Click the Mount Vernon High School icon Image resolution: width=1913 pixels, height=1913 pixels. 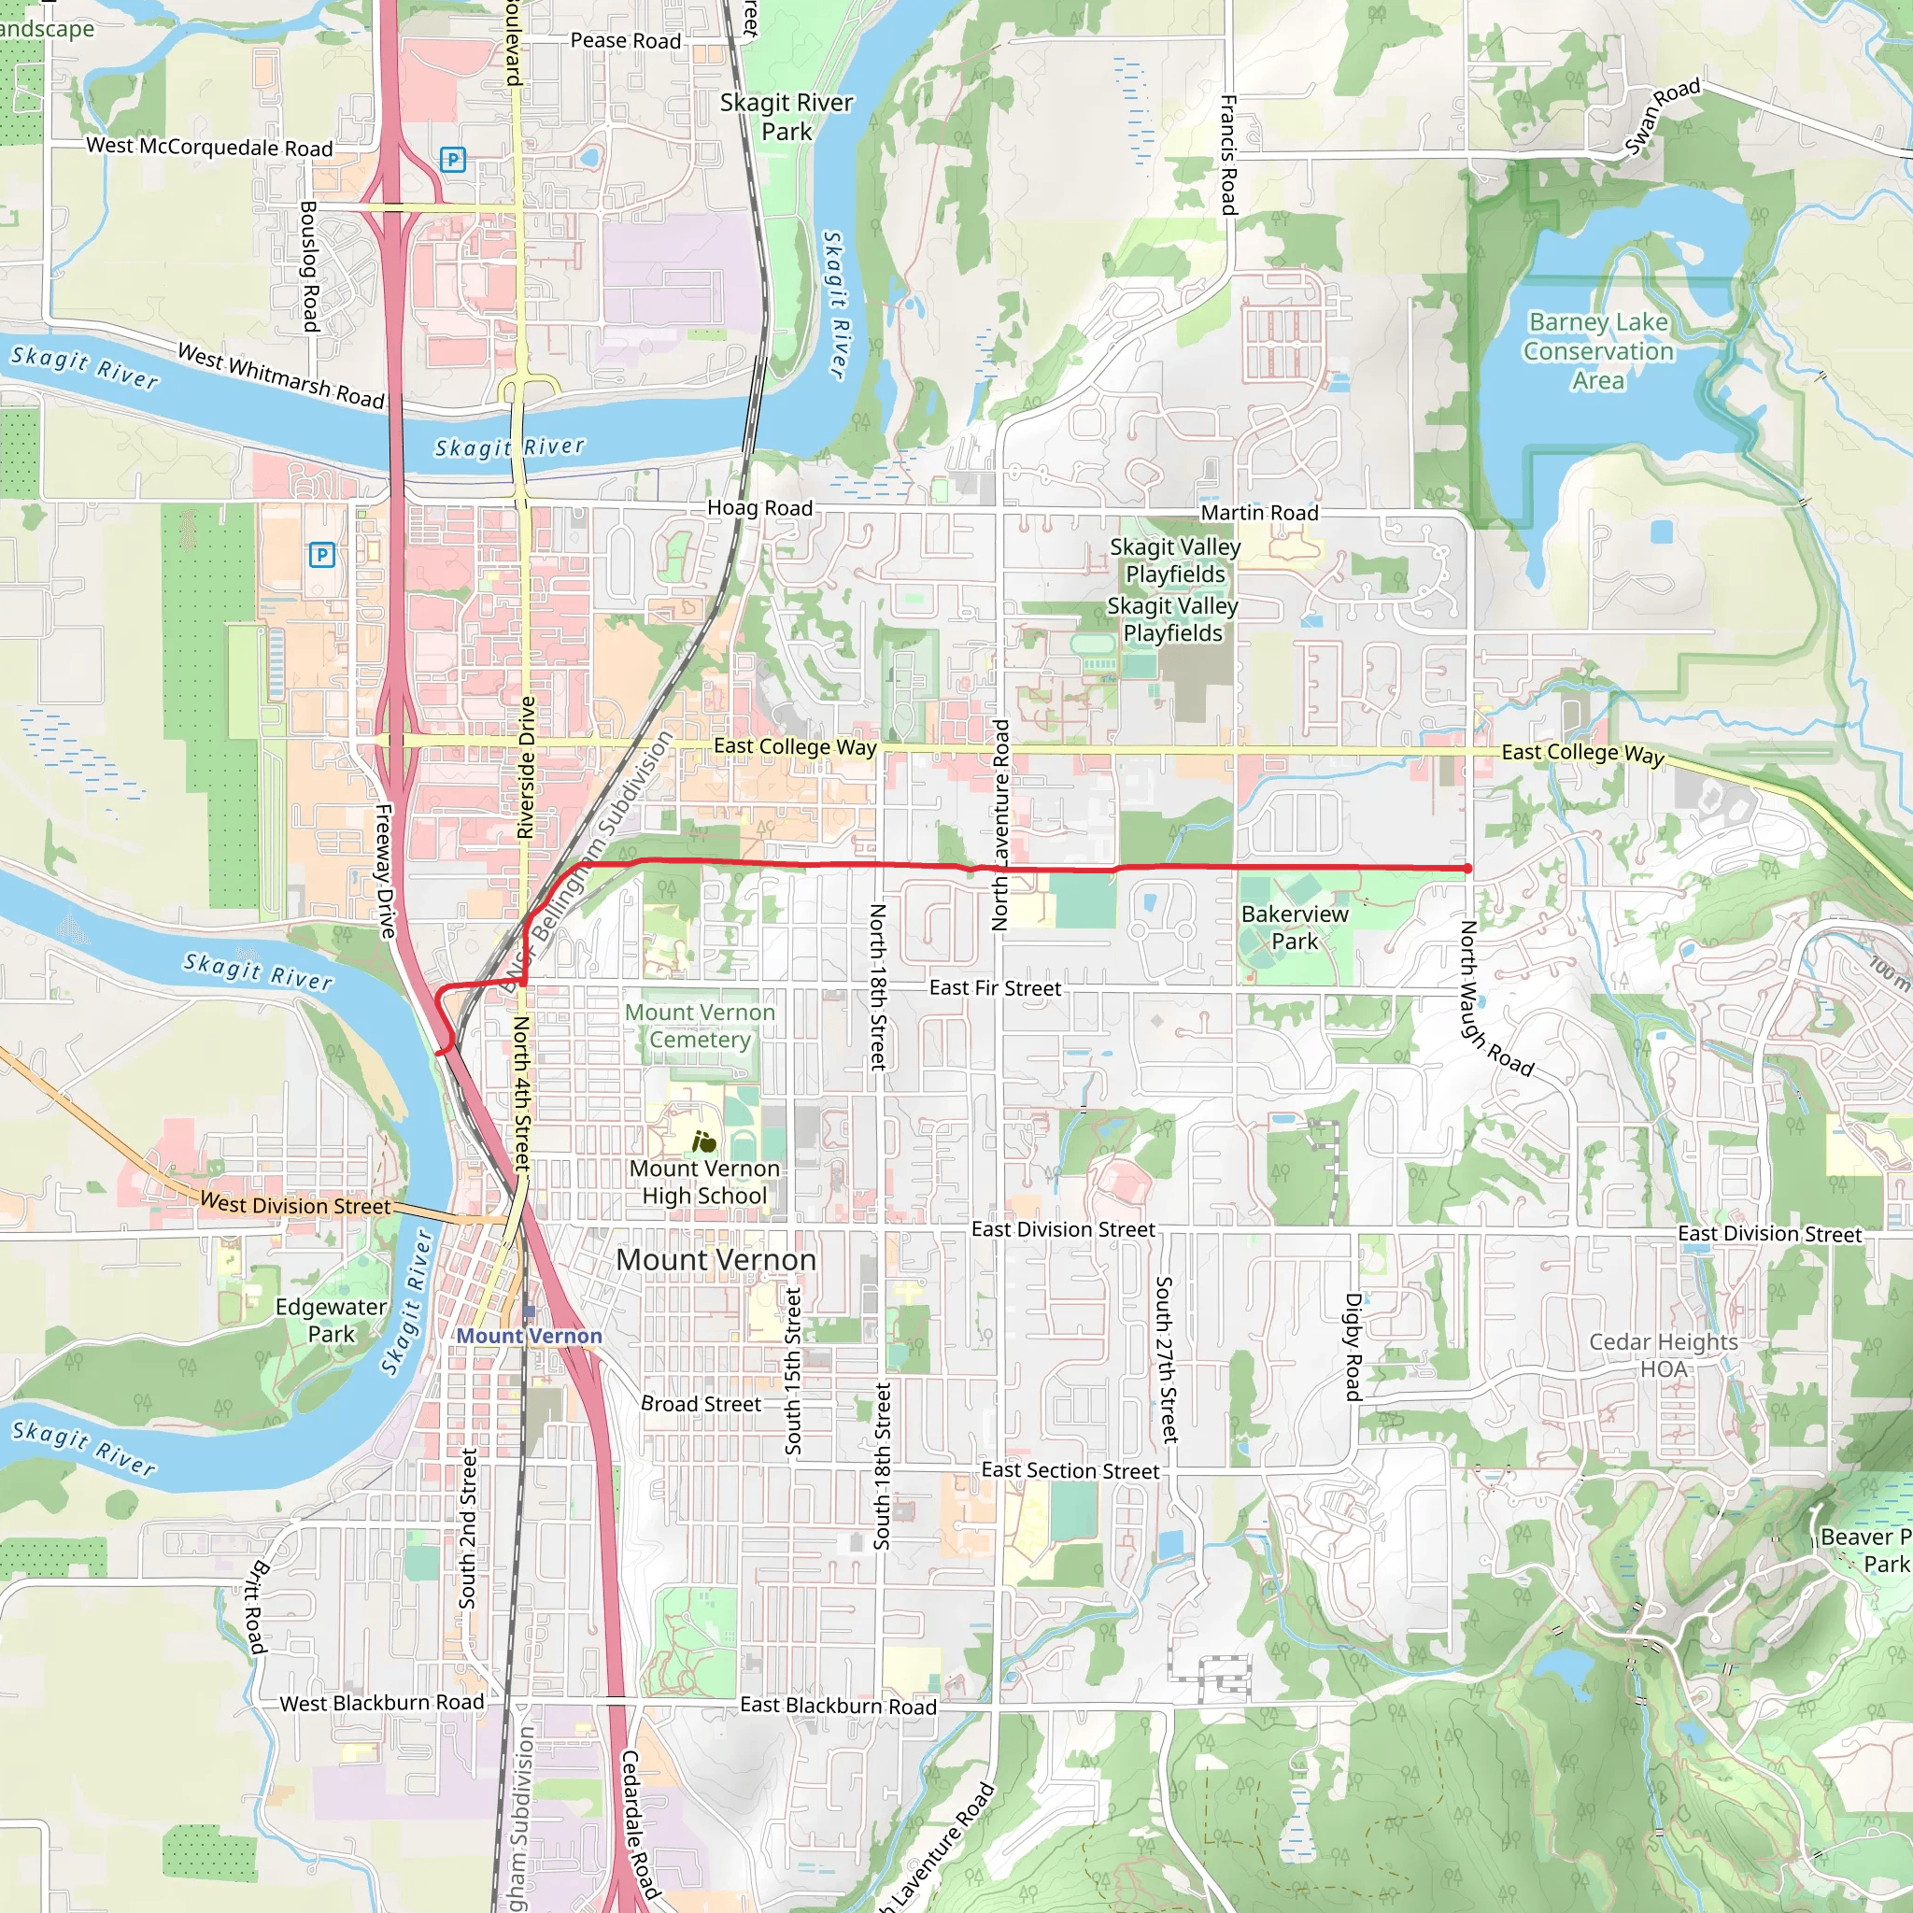click(704, 1142)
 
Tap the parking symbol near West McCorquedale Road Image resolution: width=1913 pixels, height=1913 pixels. click(452, 160)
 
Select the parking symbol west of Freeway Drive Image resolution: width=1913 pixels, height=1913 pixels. click(322, 555)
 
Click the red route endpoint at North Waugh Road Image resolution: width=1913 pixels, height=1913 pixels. click(1467, 869)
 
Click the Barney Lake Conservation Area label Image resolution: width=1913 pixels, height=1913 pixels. click(1598, 351)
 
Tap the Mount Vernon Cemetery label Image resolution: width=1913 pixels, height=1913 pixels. click(700, 1026)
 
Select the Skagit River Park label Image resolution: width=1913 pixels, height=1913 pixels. click(786, 117)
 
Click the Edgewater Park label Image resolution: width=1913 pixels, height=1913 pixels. click(331, 1320)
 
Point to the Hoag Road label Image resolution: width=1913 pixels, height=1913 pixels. click(759, 508)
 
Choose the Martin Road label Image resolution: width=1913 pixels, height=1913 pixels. click(1259, 513)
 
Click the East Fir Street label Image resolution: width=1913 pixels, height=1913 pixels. click(994, 988)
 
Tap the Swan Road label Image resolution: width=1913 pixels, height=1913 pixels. click(1663, 116)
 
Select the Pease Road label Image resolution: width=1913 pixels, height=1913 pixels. click(626, 40)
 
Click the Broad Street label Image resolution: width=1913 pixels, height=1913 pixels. click(701, 1404)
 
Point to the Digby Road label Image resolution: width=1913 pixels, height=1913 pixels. click(1353, 1347)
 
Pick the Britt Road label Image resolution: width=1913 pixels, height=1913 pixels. click(255, 1606)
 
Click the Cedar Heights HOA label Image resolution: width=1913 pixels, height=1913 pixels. click(1664, 1355)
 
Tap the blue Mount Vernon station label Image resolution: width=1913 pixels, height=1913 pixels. click(529, 1336)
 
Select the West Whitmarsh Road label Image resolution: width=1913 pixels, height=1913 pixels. click(280, 376)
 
